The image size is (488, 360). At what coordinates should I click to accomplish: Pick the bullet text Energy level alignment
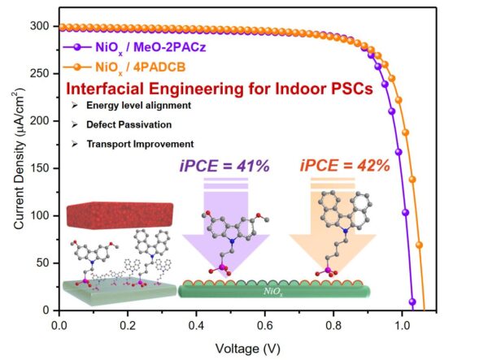click(141, 106)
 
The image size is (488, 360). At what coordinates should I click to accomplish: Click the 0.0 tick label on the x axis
click(59, 324)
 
